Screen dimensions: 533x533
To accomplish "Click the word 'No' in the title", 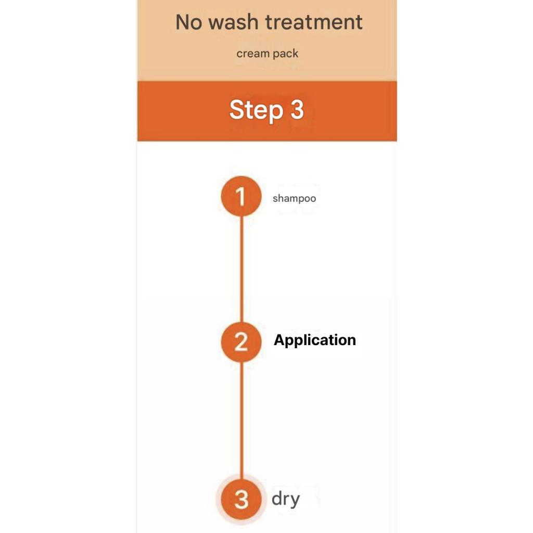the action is coord(188,22).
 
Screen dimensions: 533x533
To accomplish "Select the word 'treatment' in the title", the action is coord(314,22).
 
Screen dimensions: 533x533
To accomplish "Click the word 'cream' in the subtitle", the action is coord(253,54).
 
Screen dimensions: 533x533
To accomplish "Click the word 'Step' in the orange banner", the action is coord(256,110).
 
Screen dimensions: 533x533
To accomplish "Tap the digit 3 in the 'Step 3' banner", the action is coord(297,109).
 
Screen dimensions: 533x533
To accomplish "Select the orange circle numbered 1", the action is coord(241,196).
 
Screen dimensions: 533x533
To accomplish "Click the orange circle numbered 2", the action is coord(241,341).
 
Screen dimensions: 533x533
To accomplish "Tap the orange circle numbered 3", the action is coord(241,499).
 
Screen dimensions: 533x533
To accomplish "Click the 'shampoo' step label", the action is coord(295,198).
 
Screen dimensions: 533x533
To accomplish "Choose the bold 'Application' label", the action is coord(315,340).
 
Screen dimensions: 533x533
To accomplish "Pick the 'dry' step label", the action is coord(286,499).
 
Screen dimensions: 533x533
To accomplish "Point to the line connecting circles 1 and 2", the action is coord(242,269).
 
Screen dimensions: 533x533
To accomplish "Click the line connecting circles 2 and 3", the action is coord(242,420).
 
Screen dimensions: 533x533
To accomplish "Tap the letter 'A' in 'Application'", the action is coord(280,340).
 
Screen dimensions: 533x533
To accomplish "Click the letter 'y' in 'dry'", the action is coord(294,501).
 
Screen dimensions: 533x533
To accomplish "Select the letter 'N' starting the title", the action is coord(182,22).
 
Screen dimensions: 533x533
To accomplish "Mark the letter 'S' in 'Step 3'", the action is coord(237,109).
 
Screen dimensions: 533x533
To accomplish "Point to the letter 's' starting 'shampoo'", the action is coord(275,199).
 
